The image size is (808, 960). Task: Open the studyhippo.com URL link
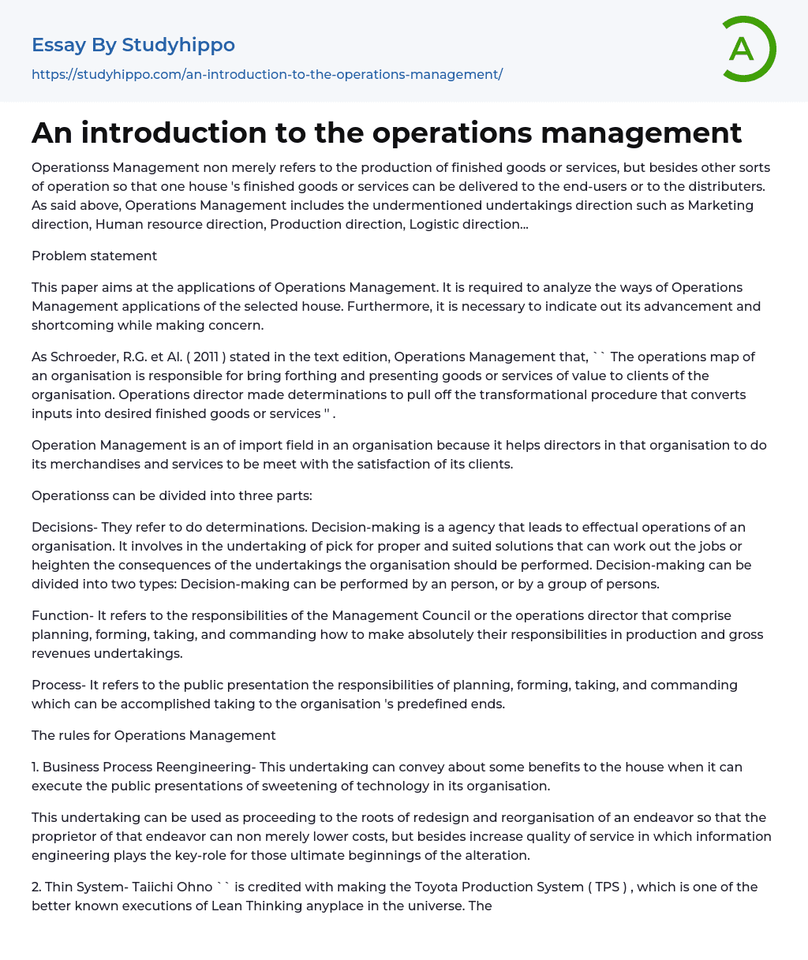coord(267,74)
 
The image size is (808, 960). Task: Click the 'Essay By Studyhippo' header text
coord(133,45)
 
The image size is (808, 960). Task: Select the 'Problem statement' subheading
coord(94,256)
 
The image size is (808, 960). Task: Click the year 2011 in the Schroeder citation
coord(208,357)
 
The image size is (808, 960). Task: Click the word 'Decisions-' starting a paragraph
coord(64,527)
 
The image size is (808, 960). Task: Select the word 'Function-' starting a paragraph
coord(61,615)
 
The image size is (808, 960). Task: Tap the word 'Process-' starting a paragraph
coord(58,685)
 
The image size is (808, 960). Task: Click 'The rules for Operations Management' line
coord(154,735)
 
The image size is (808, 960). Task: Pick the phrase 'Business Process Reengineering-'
coord(149,767)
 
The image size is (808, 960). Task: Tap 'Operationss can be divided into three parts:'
coord(172,495)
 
